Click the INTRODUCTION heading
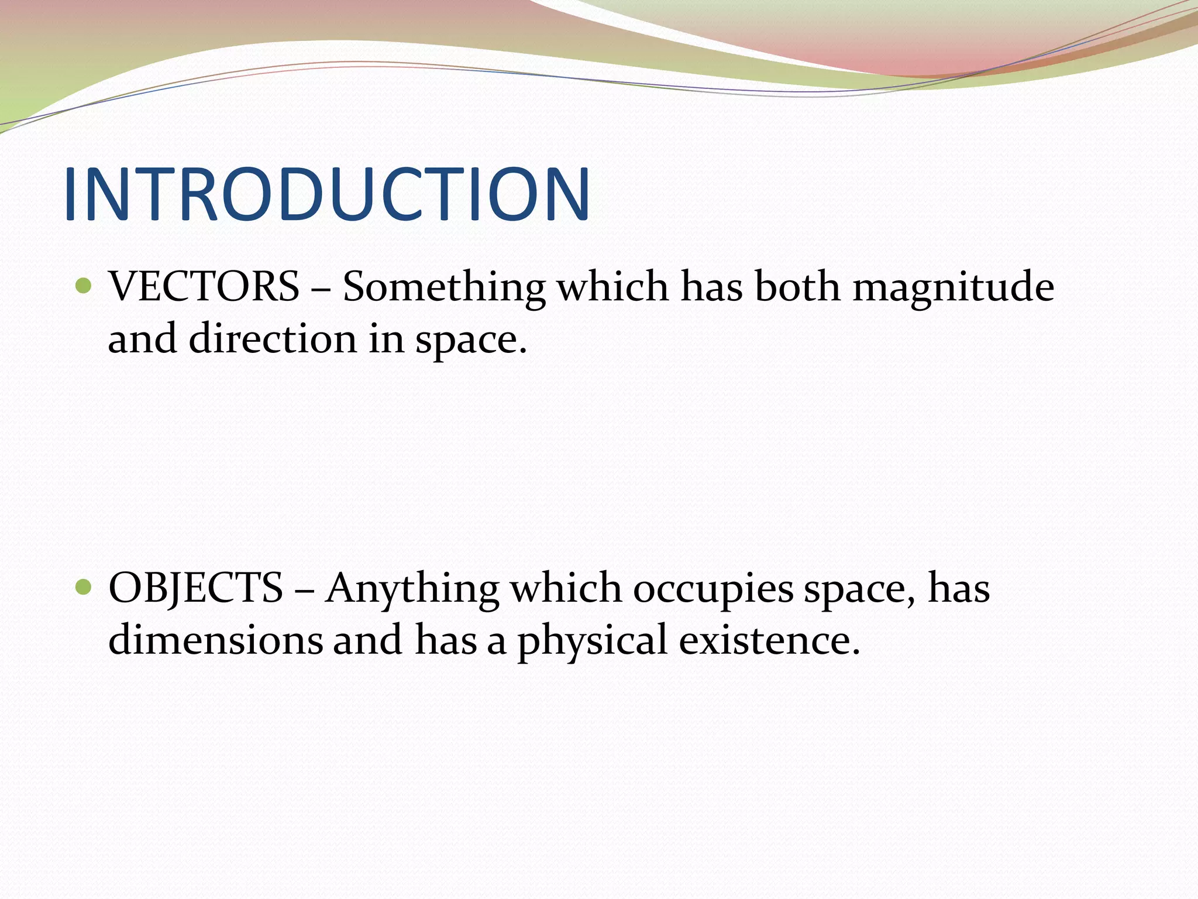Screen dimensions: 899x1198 326,194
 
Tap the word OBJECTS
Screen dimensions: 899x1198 196,588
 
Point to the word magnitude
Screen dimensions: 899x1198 953,288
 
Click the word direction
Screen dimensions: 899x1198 273,339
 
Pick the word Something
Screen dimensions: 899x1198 443,288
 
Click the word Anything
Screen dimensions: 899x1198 412,589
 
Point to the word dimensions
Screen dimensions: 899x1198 215,639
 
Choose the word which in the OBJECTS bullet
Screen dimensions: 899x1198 566,588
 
